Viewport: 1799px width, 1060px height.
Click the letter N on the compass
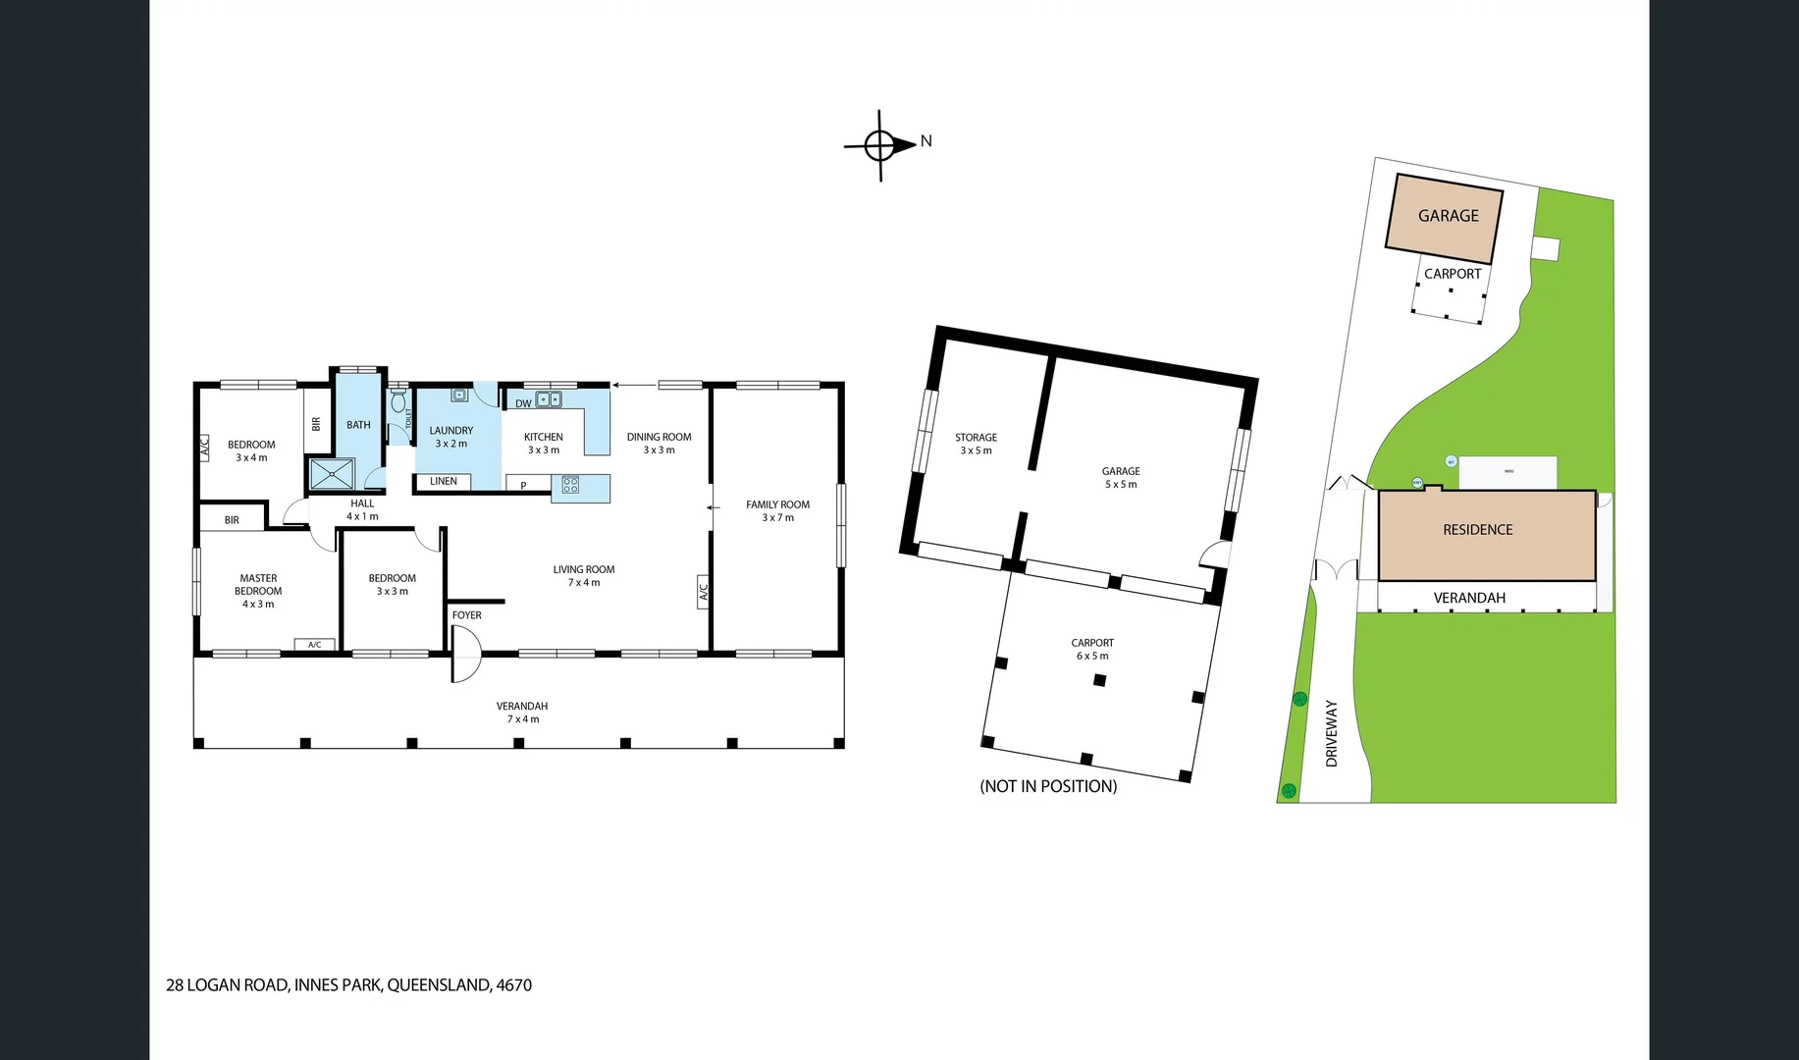(926, 141)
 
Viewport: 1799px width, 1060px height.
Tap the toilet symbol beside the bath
(398, 402)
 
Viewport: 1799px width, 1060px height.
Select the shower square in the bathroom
(332, 474)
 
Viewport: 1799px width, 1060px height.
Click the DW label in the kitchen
(523, 403)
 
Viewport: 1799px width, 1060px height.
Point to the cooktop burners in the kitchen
(570, 485)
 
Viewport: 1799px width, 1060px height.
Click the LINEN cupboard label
(443, 481)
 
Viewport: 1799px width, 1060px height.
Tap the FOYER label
(466, 615)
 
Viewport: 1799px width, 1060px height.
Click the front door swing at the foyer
(467, 656)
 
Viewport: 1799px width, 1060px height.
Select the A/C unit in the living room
(703, 592)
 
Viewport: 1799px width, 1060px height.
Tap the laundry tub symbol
(459, 395)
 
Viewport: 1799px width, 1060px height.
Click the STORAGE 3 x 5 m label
(976, 444)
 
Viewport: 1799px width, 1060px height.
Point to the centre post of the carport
(1100, 680)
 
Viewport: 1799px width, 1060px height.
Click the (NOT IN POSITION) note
(1048, 786)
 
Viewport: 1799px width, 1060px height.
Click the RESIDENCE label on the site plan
(1477, 530)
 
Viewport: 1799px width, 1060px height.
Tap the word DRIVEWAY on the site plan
(1332, 733)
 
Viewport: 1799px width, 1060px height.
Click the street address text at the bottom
(348, 985)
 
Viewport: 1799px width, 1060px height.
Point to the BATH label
(358, 425)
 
